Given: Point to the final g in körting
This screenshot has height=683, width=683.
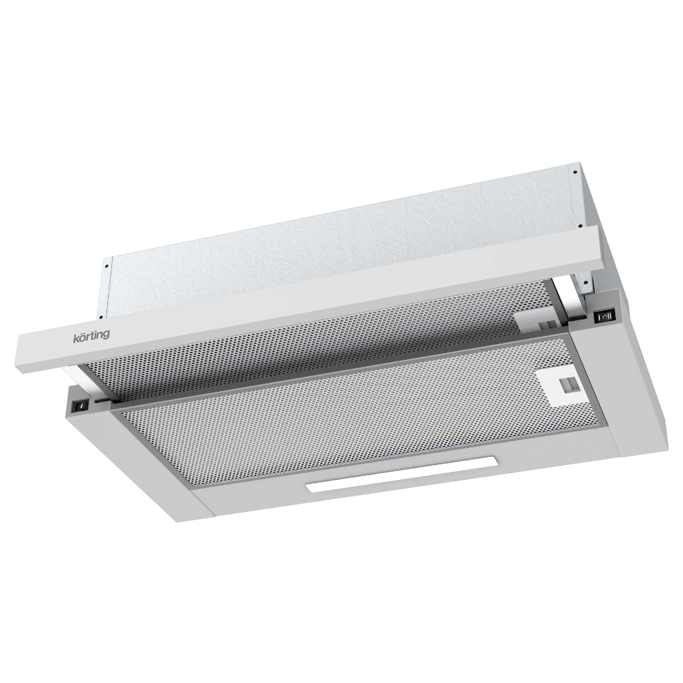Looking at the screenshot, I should click(106, 334).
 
